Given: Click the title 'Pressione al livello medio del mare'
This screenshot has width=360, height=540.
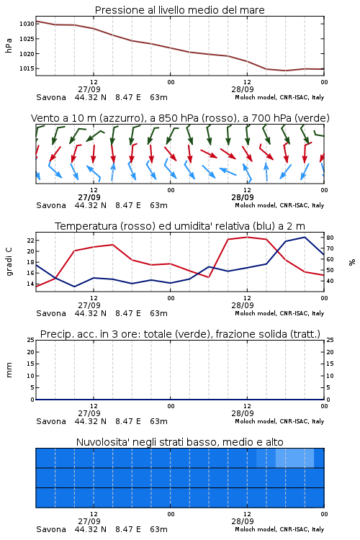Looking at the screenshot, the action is click(179, 10).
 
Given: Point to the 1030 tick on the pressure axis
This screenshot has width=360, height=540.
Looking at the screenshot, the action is click(27, 24).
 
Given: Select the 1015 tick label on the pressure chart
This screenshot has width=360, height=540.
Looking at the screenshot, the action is click(27, 68).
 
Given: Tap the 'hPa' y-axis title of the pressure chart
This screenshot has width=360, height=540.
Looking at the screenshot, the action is click(9, 45).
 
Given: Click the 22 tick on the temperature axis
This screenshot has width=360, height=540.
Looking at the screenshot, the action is click(31, 240).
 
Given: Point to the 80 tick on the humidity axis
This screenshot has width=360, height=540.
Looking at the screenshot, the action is click(330, 238).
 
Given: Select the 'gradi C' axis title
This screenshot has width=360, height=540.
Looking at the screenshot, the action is click(9, 262).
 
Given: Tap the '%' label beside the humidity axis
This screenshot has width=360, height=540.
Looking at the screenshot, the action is click(352, 262).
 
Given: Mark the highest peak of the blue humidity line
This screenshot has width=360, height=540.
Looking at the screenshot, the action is click(305, 237).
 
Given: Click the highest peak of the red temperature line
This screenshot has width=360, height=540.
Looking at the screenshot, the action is click(247, 237).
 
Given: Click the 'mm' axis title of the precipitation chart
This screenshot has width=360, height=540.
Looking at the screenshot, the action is click(9, 370).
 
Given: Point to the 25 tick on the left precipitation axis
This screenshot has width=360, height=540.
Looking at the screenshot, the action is click(31, 340).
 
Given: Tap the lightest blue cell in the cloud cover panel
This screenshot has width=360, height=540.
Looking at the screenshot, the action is click(295, 458).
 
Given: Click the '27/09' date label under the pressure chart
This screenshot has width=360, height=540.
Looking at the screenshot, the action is click(89, 89).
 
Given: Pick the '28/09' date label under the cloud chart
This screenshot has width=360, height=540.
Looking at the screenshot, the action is click(243, 521).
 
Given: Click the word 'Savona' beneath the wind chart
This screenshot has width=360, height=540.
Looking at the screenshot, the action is click(51, 206).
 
